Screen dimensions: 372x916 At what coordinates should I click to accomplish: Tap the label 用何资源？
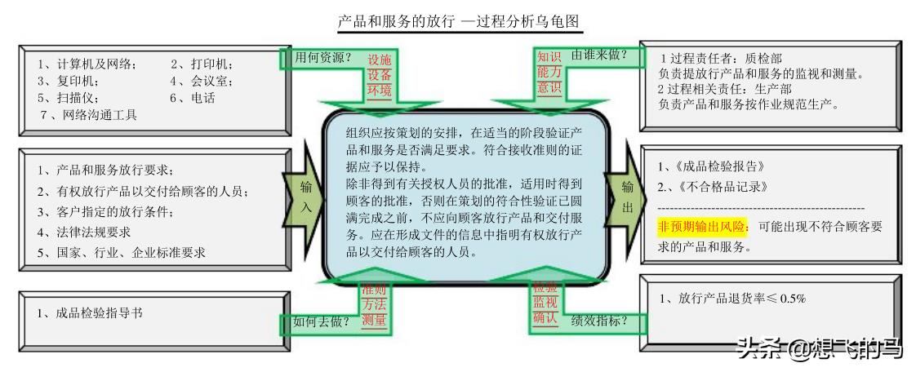(322, 58)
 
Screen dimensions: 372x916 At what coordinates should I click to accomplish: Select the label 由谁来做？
(599, 55)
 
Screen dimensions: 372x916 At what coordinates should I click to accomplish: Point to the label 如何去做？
(322, 321)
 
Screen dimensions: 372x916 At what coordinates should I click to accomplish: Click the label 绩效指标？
(599, 321)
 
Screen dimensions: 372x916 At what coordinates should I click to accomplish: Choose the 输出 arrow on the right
(627, 197)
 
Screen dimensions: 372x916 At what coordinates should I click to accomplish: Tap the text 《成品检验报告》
(718, 167)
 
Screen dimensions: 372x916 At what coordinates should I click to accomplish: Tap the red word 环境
(379, 90)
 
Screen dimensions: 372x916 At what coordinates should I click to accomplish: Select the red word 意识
(549, 88)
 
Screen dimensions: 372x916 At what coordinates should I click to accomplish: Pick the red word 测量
(374, 321)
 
